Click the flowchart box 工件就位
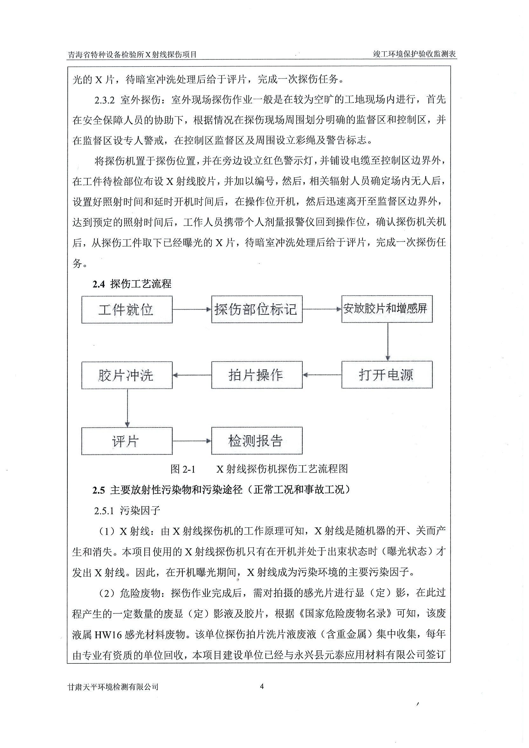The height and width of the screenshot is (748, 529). click(x=127, y=309)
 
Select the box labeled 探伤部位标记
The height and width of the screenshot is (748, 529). click(x=257, y=309)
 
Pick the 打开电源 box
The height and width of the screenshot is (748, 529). click(x=387, y=375)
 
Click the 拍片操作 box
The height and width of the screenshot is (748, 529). click(x=257, y=375)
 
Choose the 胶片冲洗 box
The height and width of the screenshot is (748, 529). click(x=127, y=375)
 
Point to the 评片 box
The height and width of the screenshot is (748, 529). click(x=127, y=441)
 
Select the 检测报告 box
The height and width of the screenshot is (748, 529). click(x=257, y=441)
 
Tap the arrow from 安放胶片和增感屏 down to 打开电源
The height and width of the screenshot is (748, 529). click(x=387, y=342)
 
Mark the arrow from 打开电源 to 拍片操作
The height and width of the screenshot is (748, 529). click(x=322, y=375)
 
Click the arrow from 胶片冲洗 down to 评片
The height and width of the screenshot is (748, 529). click(x=127, y=408)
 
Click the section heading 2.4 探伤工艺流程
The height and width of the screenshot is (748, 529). click(x=132, y=284)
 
